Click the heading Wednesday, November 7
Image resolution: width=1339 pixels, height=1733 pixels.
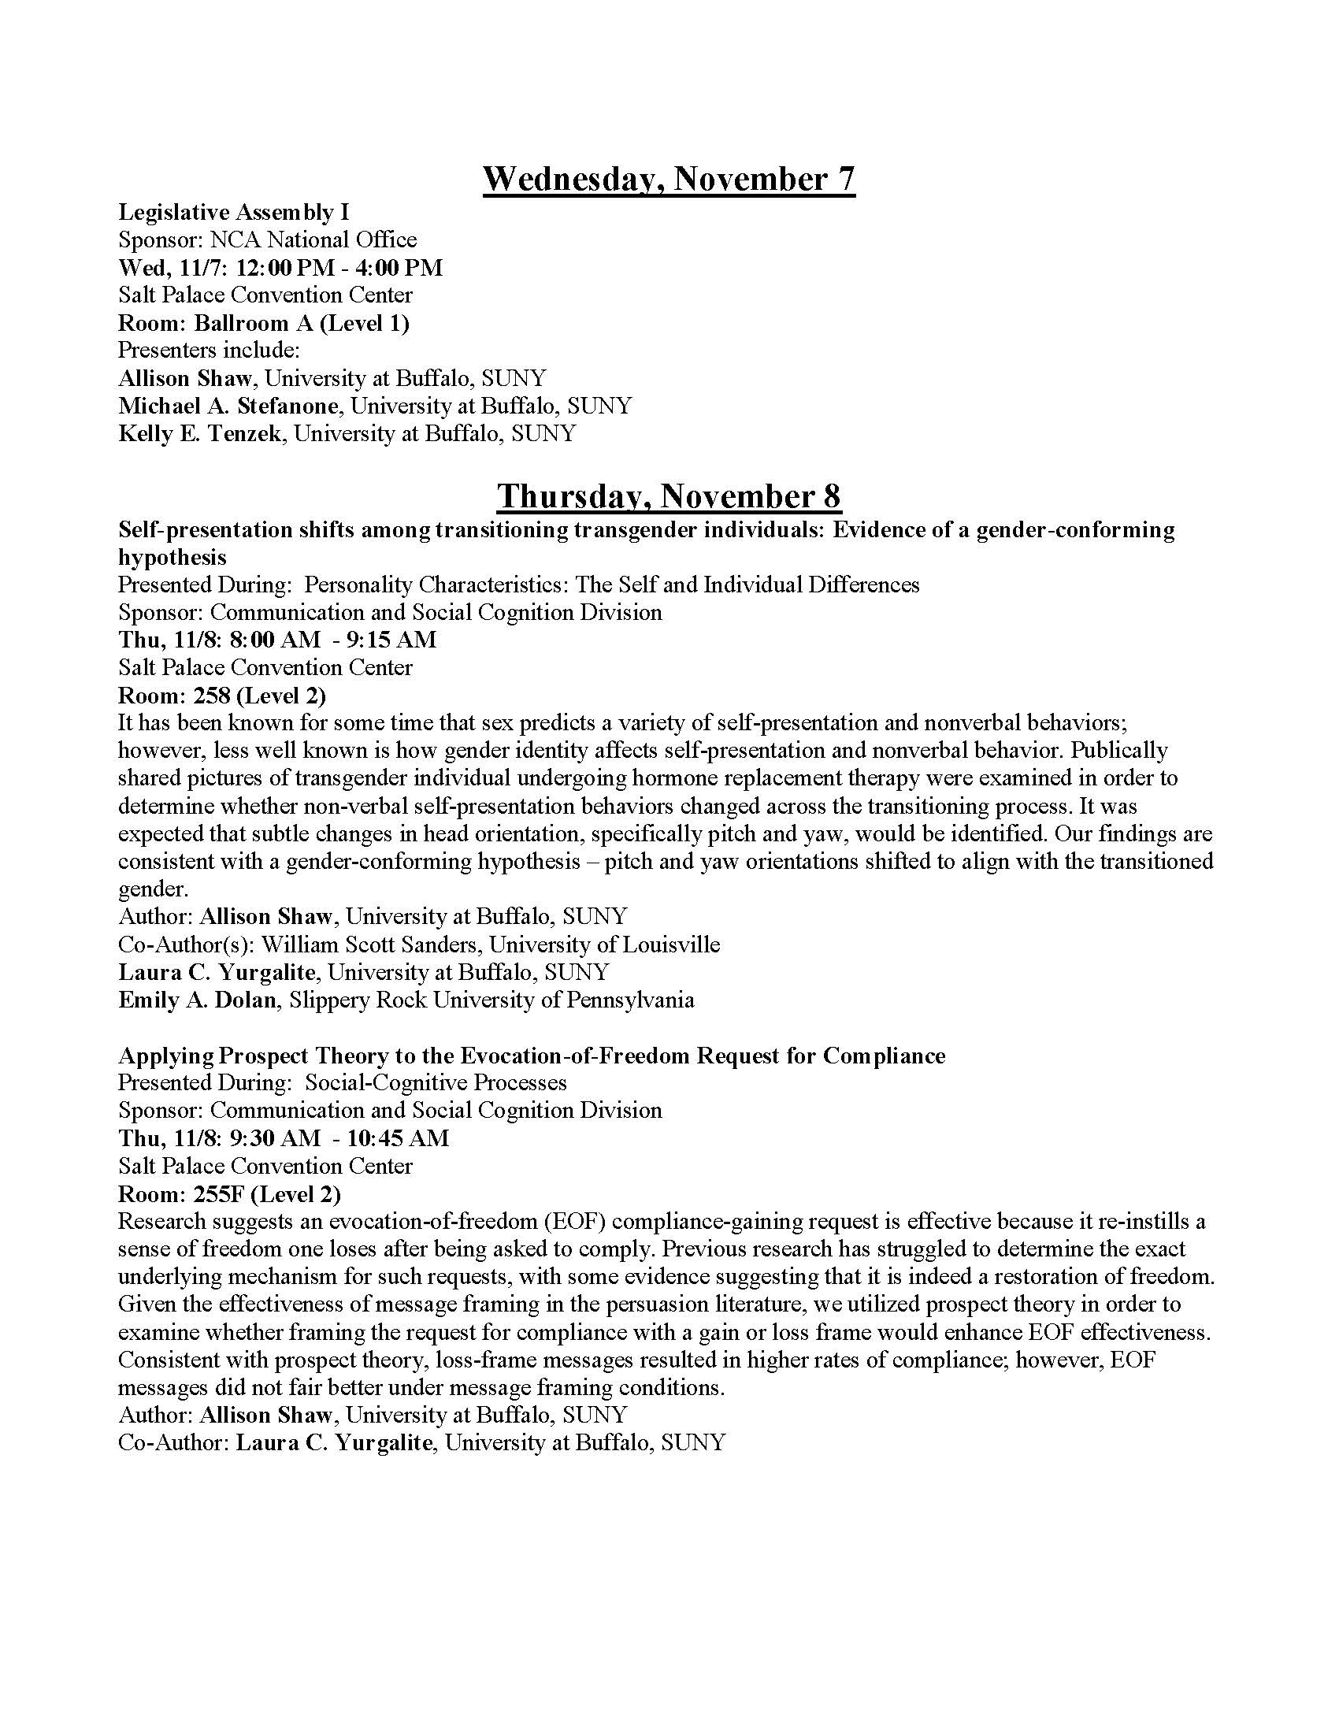[669, 180]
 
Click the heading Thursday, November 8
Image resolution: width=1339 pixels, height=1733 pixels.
[669, 497]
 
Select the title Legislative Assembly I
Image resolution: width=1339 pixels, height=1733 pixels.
[234, 212]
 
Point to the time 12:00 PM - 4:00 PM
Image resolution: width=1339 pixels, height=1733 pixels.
[339, 267]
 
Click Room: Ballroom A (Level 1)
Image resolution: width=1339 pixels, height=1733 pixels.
[263, 323]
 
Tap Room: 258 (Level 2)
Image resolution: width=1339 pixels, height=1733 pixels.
[222, 695]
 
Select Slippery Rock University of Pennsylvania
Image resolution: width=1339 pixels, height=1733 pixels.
[491, 1000]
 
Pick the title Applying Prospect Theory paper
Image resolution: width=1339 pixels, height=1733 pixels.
[532, 1056]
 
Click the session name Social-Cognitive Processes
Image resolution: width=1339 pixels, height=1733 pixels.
[436, 1082]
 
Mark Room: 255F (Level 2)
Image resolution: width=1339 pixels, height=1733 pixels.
[229, 1193]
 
